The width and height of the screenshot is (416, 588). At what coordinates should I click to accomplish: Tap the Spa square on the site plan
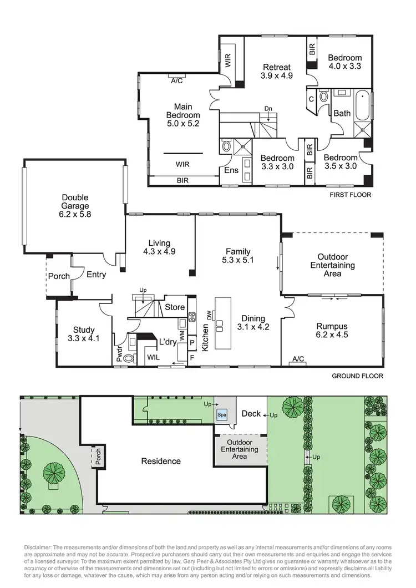[222, 414]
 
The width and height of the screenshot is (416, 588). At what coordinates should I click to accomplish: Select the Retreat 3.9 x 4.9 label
[277, 71]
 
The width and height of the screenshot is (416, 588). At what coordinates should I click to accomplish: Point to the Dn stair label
[268, 109]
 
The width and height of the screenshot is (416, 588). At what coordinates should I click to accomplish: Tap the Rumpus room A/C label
[298, 359]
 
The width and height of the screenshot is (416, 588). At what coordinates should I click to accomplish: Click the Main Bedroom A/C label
[177, 80]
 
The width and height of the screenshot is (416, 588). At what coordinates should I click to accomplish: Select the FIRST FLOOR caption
[350, 195]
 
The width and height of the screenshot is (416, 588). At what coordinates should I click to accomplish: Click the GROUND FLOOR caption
[357, 376]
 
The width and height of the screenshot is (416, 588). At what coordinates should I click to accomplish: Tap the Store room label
[175, 307]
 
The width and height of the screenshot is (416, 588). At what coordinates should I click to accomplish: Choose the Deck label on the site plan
[252, 414]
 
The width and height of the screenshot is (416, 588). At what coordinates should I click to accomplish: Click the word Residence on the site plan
[161, 461]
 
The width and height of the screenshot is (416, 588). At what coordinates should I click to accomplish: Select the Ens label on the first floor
[231, 171]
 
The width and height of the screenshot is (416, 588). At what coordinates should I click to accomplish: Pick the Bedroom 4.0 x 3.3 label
[344, 62]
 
